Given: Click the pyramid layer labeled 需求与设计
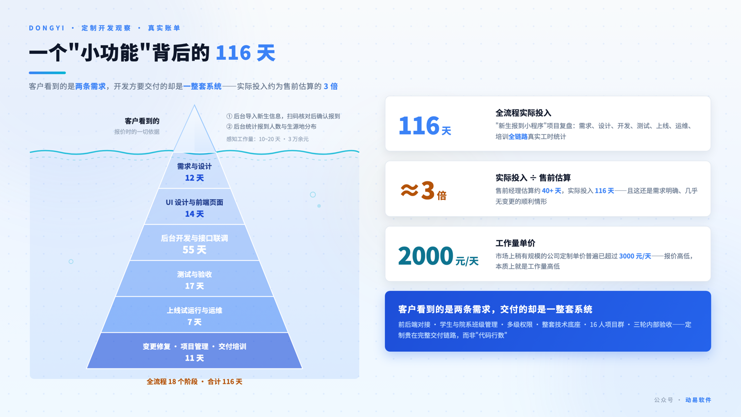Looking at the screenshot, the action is (194, 171).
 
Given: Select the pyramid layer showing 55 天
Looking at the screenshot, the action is (194, 243).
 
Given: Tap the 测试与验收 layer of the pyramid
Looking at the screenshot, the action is (194, 279).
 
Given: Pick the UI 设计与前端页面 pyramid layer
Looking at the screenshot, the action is (194, 207).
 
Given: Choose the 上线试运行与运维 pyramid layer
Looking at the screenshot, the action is (194, 315).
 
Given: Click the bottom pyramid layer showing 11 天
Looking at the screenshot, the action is (194, 351).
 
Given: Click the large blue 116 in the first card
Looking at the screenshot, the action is (419, 126).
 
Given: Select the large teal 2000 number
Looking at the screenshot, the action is (425, 256).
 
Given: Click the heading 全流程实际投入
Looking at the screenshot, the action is (523, 113).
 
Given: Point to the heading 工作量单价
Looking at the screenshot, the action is (515, 244).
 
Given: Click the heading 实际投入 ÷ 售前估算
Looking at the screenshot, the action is (533, 178).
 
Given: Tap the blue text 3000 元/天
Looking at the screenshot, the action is (635, 256).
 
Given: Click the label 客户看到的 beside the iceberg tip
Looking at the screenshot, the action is (142, 121).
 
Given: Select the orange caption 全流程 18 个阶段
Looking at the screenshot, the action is (172, 381).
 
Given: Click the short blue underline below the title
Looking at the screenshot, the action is (47, 73).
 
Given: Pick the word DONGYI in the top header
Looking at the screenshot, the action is (46, 28).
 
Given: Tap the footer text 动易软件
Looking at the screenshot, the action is (698, 400).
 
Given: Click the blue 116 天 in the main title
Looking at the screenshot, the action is (246, 53).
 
